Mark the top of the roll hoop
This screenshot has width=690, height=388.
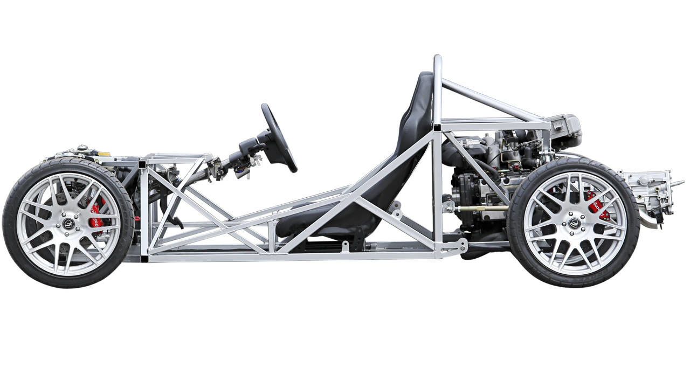click(437, 58)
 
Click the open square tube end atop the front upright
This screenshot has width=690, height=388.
click(142, 164)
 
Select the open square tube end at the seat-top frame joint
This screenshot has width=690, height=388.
click(436, 127)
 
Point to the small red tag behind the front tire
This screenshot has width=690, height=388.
click(137, 219)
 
